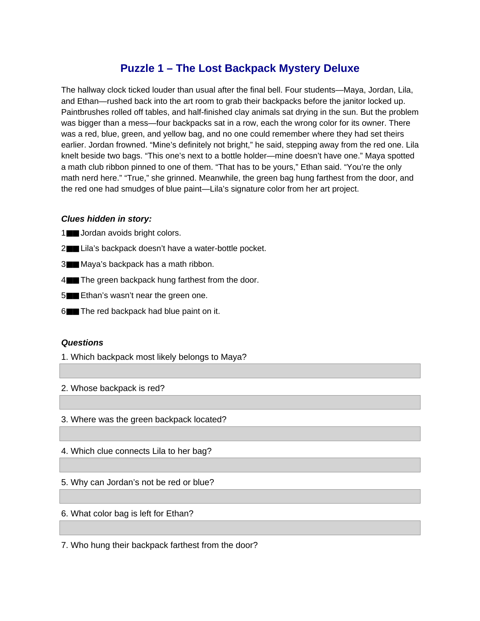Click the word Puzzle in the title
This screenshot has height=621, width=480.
[x=137, y=68]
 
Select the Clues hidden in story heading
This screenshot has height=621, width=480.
[x=107, y=219]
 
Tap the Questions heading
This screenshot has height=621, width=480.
[x=82, y=342]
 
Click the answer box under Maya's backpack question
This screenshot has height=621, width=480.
[x=240, y=371]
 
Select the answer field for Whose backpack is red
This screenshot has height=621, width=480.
[x=240, y=402]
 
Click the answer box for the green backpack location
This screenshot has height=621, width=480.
[x=240, y=434]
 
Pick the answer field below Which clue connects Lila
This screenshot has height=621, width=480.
[x=240, y=465]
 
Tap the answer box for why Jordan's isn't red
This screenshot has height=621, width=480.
[x=240, y=496]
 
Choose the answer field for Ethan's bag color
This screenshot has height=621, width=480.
[x=240, y=528]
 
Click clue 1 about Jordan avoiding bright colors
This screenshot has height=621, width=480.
[x=131, y=233]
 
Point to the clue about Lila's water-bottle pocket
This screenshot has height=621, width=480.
[x=173, y=248]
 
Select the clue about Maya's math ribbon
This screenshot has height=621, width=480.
[x=147, y=264]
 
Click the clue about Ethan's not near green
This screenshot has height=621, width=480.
[x=144, y=295]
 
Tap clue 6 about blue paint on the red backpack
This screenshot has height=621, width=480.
[x=150, y=311]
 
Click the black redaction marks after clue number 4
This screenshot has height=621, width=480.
[x=73, y=280]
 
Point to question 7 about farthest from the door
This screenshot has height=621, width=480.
[x=160, y=545]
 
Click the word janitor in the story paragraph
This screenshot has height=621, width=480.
[x=354, y=101]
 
